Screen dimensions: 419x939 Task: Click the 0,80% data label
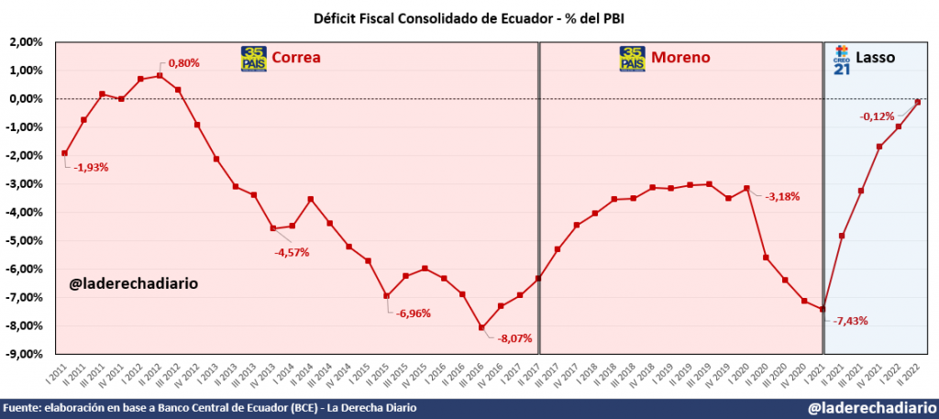point(182,63)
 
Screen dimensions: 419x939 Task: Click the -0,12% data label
point(877,116)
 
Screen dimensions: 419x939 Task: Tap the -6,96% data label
point(413,313)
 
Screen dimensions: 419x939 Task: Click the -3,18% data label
point(781,195)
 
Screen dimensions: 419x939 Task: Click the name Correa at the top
point(295,58)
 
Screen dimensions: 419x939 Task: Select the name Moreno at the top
point(680,58)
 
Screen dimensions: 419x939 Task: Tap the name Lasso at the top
point(876,58)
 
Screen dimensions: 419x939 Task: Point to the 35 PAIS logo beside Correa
point(253,58)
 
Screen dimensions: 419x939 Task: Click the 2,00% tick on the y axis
point(27,42)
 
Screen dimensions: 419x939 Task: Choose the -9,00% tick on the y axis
point(25,354)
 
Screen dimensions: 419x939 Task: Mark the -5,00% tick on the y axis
point(25,240)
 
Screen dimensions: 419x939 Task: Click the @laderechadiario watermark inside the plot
point(134,284)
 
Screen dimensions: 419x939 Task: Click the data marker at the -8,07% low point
point(481,327)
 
